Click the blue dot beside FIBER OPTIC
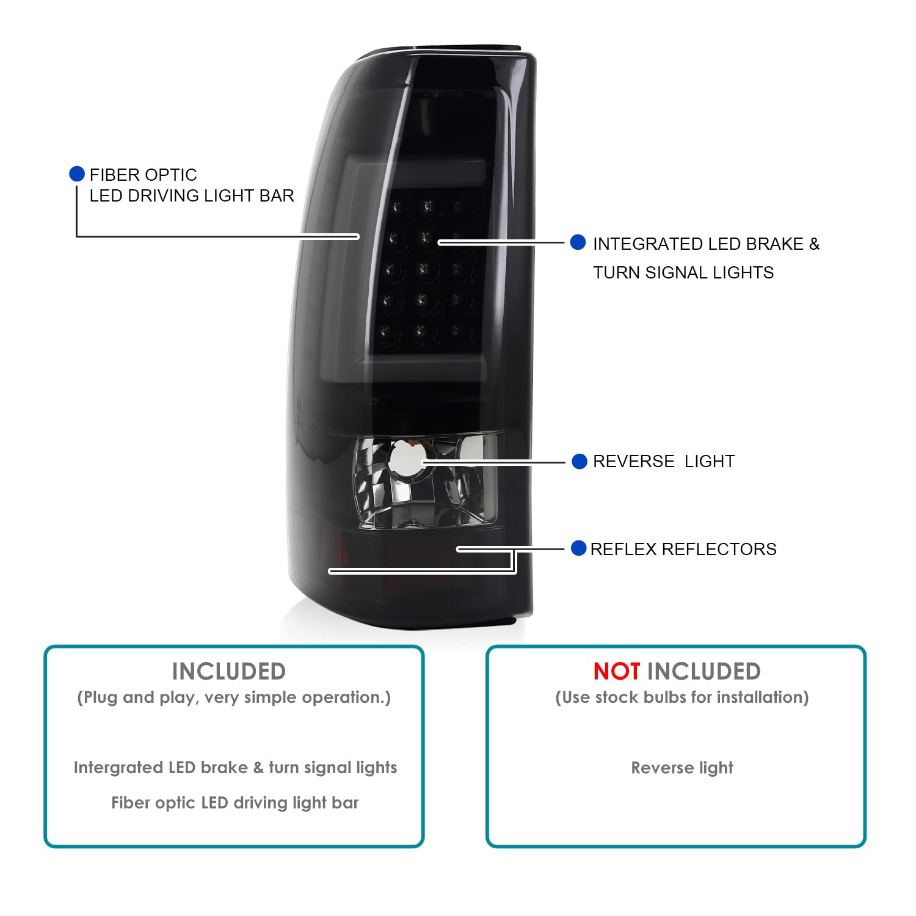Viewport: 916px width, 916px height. [x=77, y=174]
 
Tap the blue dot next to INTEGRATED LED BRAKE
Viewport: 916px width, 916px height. [x=578, y=242]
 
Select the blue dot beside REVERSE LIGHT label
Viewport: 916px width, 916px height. [x=580, y=462]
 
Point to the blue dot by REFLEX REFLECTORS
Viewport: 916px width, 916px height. [x=578, y=548]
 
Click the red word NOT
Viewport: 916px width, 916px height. [x=616, y=672]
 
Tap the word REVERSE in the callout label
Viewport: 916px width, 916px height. [x=634, y=462]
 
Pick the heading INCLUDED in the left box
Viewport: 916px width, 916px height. [x=229, y=672]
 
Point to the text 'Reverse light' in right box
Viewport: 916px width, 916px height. [x=682, y=768]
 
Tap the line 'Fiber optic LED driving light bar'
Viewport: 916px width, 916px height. [x=235, y=803]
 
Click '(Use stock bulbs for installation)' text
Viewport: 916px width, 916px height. [x=682, y=697]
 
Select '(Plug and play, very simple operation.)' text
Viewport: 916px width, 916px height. [x=234, y=697]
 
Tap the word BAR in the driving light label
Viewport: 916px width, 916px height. [x=278, y=195]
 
